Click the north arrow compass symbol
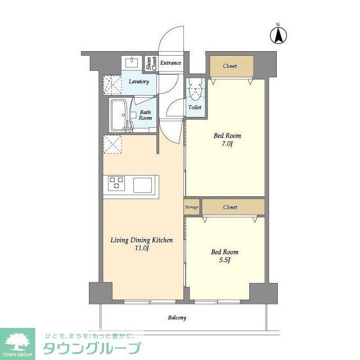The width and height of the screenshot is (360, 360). (x=277, y=34)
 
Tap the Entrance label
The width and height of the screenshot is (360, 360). (x=170, y=63)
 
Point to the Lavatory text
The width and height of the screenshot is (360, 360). (x=139, y=82)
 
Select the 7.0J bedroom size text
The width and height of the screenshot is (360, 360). (x=227, y=144)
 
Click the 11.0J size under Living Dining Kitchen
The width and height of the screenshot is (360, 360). (x=141, y=249)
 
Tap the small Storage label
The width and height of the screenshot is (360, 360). (x=192, y=208)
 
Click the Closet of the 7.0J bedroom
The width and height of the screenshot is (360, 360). (x=230, y=66)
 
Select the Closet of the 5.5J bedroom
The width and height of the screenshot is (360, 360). (x=230, y=207)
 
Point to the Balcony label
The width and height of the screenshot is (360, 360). (x=177, y=318)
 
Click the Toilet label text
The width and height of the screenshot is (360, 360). (x=195, y=107)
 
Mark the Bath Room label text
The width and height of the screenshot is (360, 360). (x=146, y=115)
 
